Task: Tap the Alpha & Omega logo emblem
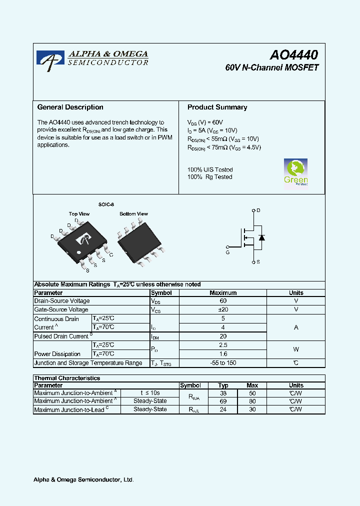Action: coord(50,60)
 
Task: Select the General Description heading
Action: coord(70,107)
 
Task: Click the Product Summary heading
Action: coord(217,107)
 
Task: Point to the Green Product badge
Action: coord(295,172)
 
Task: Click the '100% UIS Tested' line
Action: coord(210,169)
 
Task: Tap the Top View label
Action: coord(79,214)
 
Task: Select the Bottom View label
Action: coord(133,214)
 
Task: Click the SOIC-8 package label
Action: coord(106,204)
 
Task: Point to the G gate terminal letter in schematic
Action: coord(227,253)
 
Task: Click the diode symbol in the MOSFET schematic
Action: coord(261,237)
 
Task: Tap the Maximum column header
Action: coord(223,293)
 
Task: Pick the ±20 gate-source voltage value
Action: coord(223,309)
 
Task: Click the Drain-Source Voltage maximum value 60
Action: coord(223,301)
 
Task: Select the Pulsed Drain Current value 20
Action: coord(223,336)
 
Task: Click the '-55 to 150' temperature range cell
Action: coord(223,363)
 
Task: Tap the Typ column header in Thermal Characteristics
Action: coord(223,385)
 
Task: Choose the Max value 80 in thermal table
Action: coord(252,401)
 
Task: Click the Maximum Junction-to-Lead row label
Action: coord(69,409)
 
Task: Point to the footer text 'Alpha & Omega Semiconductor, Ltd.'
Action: coord(83,480)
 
